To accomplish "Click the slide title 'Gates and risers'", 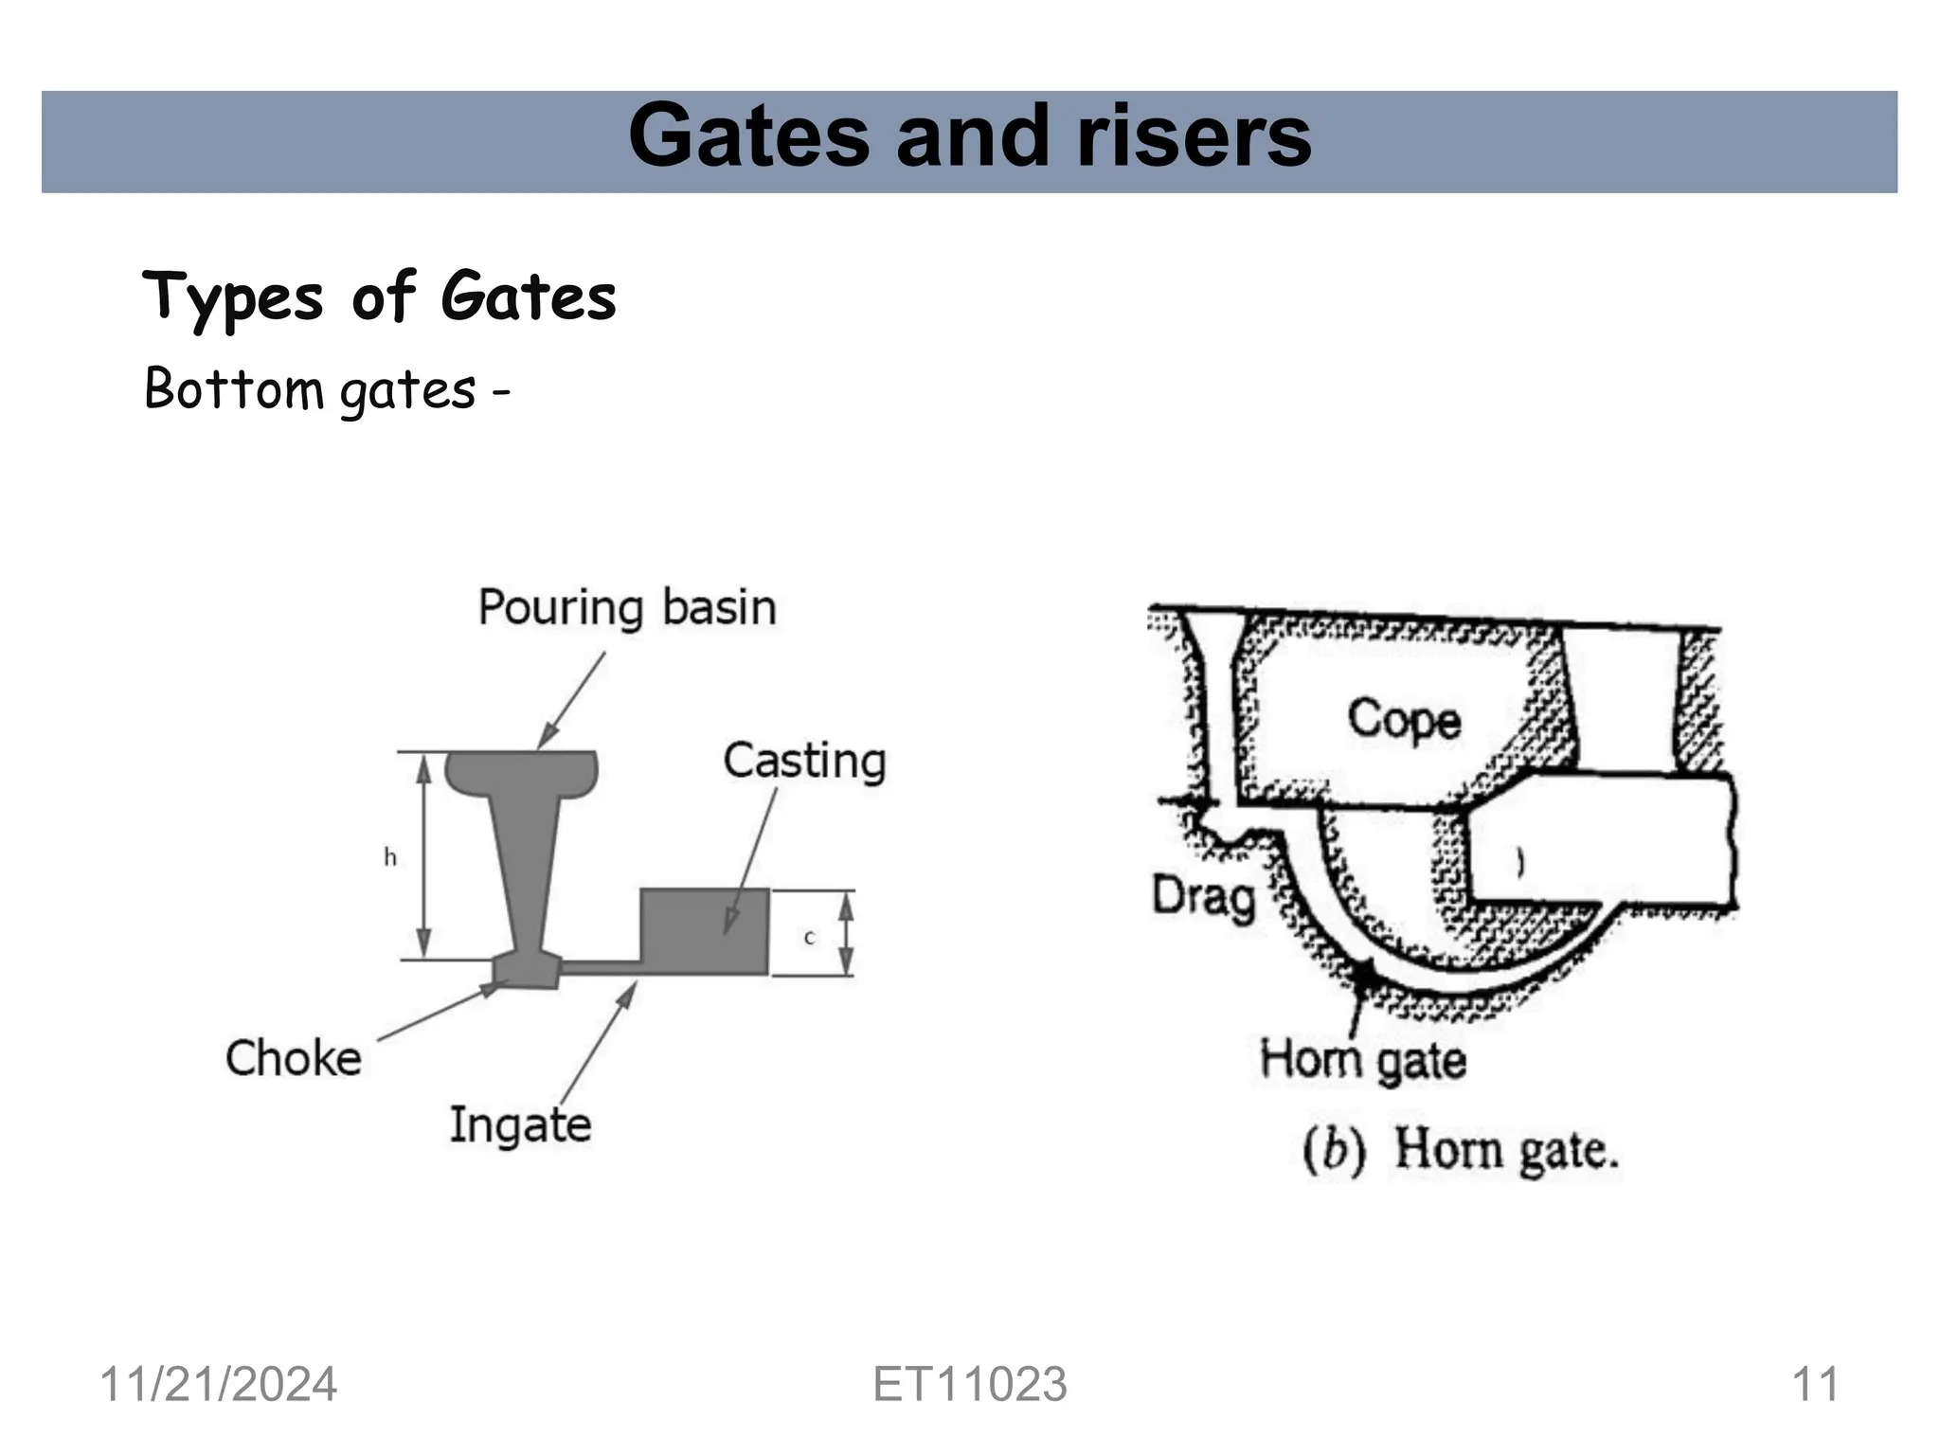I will tap(969, 138).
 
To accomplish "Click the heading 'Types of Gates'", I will tap(379, 296).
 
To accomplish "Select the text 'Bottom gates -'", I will tap(327, 389).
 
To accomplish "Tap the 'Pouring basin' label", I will tap(626, 607).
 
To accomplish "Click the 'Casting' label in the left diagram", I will tap(804, 761).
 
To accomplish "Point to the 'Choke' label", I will tap(294, 1058).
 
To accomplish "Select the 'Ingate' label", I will tap(520, 1125).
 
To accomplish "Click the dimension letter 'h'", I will tap(389, 858).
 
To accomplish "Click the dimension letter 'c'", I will tap(809, 938).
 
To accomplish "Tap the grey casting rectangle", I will tap(704, 931).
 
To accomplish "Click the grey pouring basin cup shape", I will tap(522, 772).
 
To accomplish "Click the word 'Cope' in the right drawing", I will tap(1404, 720).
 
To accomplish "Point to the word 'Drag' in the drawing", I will tap(1203, 896).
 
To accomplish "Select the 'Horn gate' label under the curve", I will tap(1362, 1059).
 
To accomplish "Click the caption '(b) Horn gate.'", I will tap(1460, 1151).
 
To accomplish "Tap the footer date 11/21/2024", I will tap(218, 1385).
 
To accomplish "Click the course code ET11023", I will tap(969, 1385).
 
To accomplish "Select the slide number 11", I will tap(1815, 1385).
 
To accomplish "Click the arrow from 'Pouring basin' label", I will tap(572, 700).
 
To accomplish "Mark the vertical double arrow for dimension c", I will tap(847, 934).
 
